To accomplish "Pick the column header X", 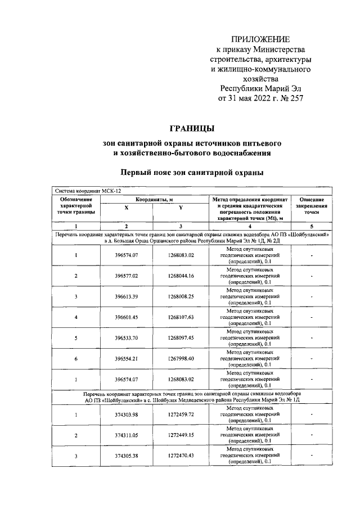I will (126, 208).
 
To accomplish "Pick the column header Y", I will (180, 208).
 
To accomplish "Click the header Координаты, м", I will (153, 199).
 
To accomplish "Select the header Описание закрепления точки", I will (311, 206).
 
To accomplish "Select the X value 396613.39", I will (126, 296).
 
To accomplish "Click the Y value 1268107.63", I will (180, 317).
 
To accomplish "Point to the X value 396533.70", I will (126, 338).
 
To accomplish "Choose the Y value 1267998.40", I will (180, 359).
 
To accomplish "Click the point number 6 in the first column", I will (75, 359).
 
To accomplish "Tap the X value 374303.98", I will (126, 415).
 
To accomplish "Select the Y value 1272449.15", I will (180, 435).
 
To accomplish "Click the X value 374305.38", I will (126, 456).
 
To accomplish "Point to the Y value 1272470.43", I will (180, 456).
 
